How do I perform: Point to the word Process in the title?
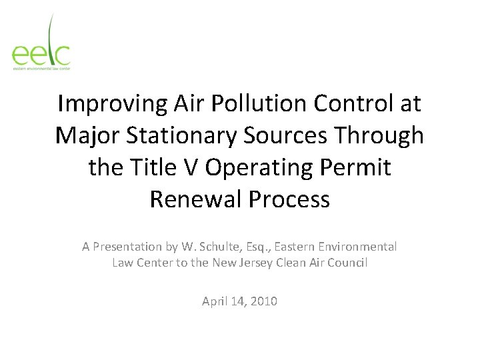288,199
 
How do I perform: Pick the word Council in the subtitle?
345,263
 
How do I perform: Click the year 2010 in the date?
263,301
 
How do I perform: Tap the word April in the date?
215,301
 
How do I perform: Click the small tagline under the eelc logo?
41,67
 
